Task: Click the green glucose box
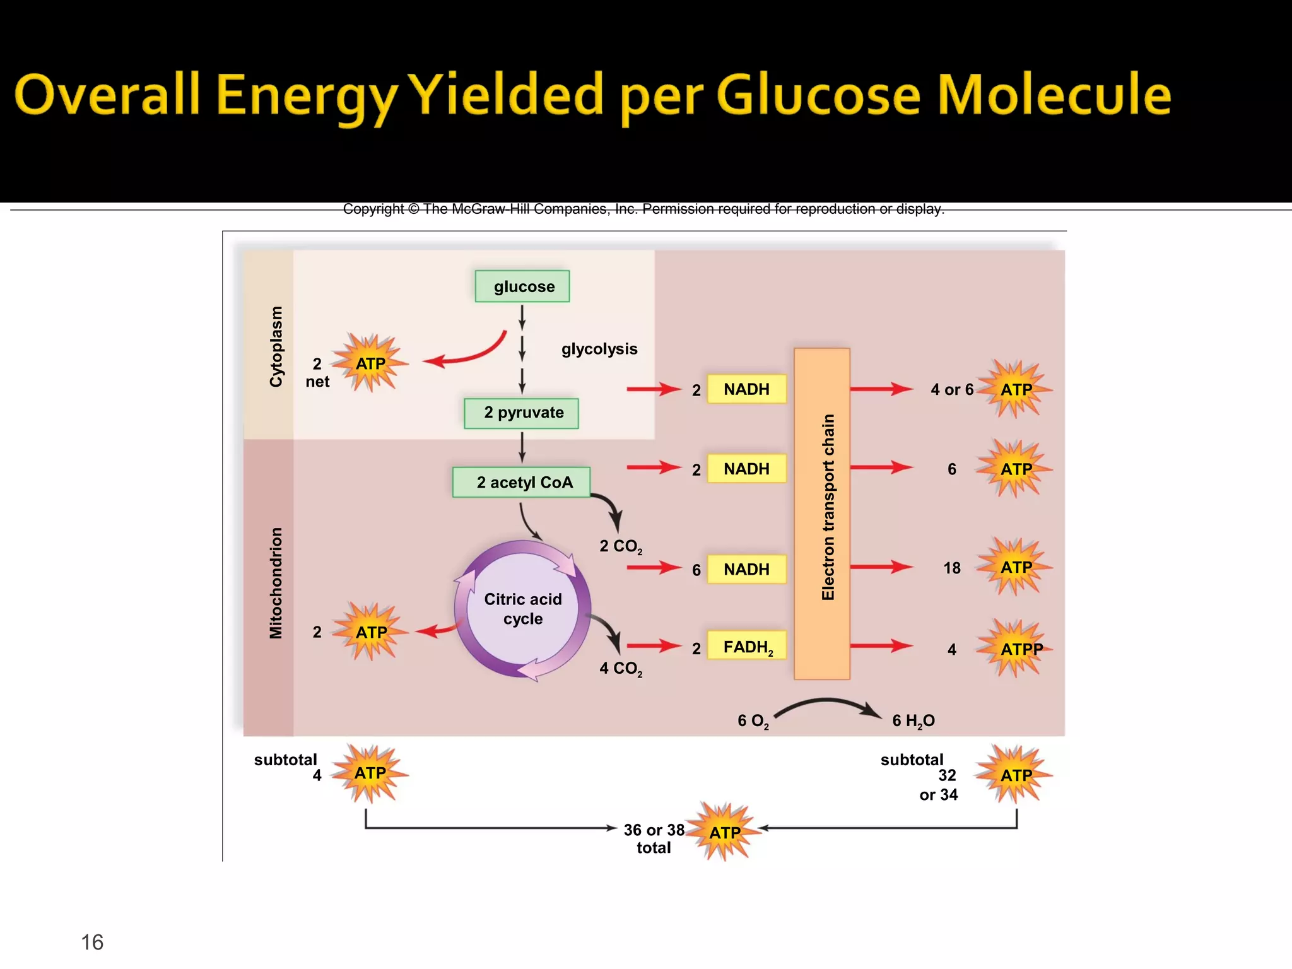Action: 522,286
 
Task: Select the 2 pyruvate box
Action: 521,413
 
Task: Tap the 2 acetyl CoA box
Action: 521,483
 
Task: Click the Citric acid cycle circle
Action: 522,609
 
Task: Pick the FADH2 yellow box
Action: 747,646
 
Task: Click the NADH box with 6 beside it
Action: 747,569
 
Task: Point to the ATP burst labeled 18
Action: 1015,567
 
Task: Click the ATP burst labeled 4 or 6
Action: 1015,389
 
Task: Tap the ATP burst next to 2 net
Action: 370,363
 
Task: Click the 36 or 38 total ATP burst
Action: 724,833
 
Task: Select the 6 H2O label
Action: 913,720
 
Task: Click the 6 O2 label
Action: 753,721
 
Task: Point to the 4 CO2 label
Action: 621,669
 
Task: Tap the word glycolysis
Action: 599,349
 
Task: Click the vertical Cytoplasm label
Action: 276,346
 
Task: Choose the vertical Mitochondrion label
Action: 276,583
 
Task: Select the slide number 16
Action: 92,942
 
